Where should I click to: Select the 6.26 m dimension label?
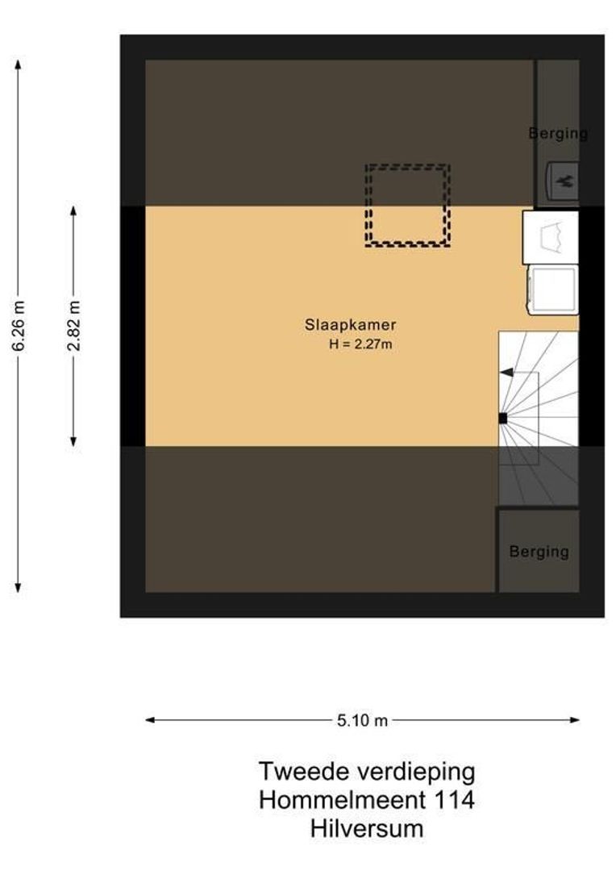click(19, 325)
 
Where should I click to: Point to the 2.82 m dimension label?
click(73, 325)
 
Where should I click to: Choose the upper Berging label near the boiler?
click(558, 133)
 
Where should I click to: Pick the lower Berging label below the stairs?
click(539, 552)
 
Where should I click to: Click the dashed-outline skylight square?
click(407, 205)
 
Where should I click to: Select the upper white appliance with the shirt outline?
click(551, 237)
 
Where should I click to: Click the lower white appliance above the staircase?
click(551, 290)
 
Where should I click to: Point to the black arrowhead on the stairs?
click(506, 372)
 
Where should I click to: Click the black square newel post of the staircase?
click(502, 418)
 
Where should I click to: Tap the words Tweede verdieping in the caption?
click(367, 772)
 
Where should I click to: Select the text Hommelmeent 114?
click(367, 800)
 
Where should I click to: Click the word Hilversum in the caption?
click(367, 828)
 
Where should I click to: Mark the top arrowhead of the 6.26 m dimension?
click(19, 64)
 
